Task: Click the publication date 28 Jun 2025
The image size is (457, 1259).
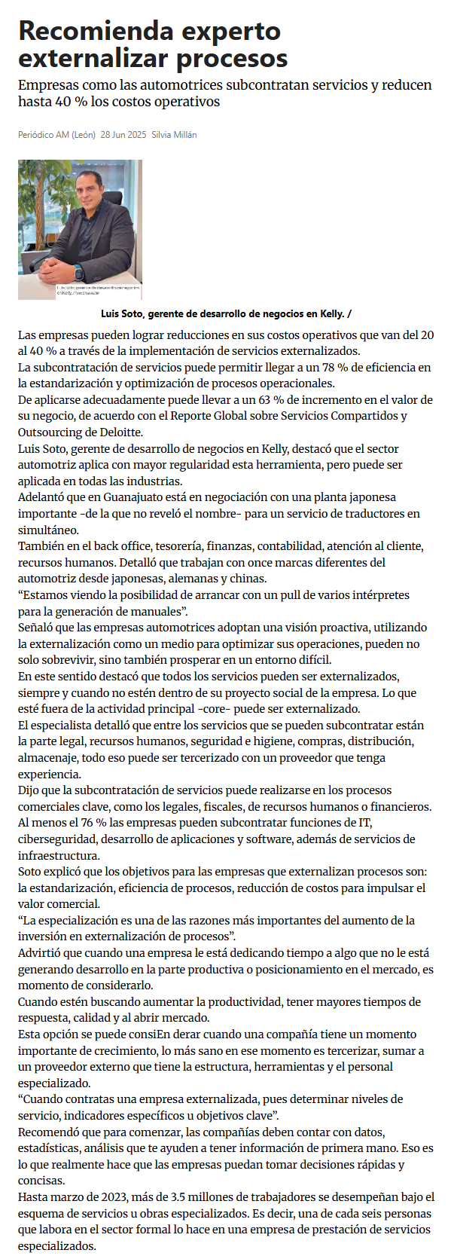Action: pos(123,135)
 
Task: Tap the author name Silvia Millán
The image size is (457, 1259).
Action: pos(174,135)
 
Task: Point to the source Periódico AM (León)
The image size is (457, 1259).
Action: pos(56,135)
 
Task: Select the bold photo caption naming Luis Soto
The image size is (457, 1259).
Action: pos(226,314)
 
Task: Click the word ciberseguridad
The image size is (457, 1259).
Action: pos(53,839)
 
